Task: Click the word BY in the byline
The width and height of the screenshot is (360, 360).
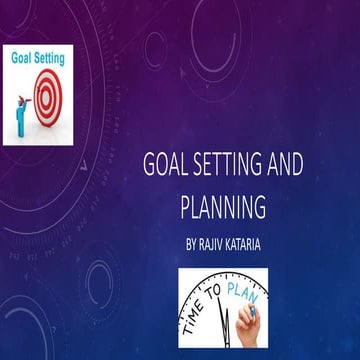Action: point(193,243)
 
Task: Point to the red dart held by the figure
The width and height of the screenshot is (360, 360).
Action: point(27,99)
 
